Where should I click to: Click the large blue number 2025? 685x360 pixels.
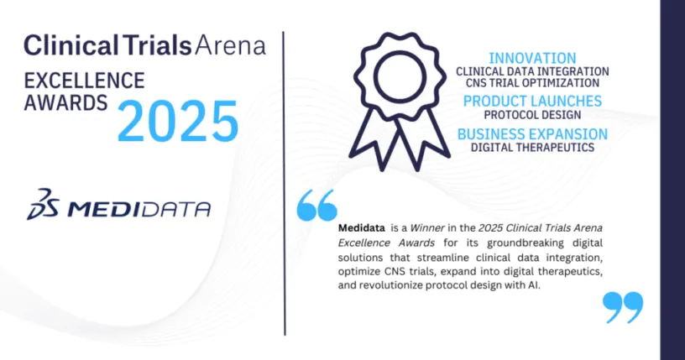(178, 121)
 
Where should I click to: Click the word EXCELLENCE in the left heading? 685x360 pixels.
(84, 81)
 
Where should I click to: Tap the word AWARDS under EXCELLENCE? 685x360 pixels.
(65, 102)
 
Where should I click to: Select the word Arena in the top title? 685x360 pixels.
(230, 46)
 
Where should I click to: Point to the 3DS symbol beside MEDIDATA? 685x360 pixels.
(43, 204)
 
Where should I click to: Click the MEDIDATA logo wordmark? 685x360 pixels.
(139, 209)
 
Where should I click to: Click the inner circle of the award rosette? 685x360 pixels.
(400, 78)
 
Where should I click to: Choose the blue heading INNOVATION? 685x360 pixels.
(532, 58)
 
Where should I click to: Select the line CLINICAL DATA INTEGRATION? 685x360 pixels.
(532, 71)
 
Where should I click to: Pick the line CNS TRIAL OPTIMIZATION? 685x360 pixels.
(532, 83)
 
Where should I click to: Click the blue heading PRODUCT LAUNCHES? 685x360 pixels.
(532, 101)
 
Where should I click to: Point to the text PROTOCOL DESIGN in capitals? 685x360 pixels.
(532, 115)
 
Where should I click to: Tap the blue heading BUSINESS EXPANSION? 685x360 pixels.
(532, 133)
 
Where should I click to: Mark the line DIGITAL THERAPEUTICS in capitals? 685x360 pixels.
(532, 147)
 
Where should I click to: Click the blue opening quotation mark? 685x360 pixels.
(317, 205)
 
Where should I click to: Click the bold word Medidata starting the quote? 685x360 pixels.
(362, 227)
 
